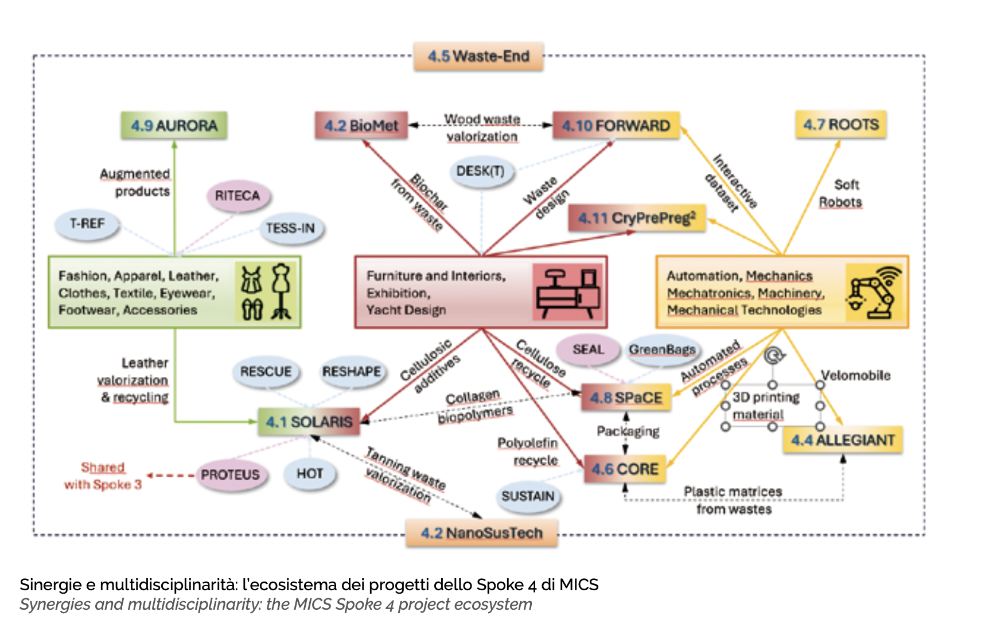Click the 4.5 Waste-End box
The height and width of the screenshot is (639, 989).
click(478, 56)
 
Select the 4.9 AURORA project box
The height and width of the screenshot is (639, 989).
click(174, 126)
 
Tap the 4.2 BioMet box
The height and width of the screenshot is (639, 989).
click(361, 126)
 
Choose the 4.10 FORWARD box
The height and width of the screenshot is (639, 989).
click(616, 126)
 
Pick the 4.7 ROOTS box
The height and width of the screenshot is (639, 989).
click(840, 124)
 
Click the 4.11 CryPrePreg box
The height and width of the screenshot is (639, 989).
click(636, 218)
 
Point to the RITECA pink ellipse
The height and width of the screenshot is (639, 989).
click(237, 196)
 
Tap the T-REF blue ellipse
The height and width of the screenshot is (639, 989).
click(87, 224)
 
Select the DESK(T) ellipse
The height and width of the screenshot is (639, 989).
click(481, 171)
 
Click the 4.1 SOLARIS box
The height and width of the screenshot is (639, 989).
click(309, 422)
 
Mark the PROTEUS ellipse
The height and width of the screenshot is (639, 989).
click(230, 475)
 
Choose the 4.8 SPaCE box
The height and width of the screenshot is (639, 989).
click(626, 398)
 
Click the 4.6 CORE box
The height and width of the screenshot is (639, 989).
click(625, 469)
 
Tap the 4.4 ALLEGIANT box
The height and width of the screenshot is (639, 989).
click(842, 440)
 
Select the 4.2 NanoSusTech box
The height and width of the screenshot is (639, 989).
click(481, 533)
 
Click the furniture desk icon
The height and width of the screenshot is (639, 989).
click(567, 292)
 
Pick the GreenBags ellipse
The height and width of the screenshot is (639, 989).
click(662, 349)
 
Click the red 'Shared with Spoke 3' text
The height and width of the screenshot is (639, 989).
click(103, 476)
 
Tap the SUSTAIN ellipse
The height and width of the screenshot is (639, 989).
click(528, 496)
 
